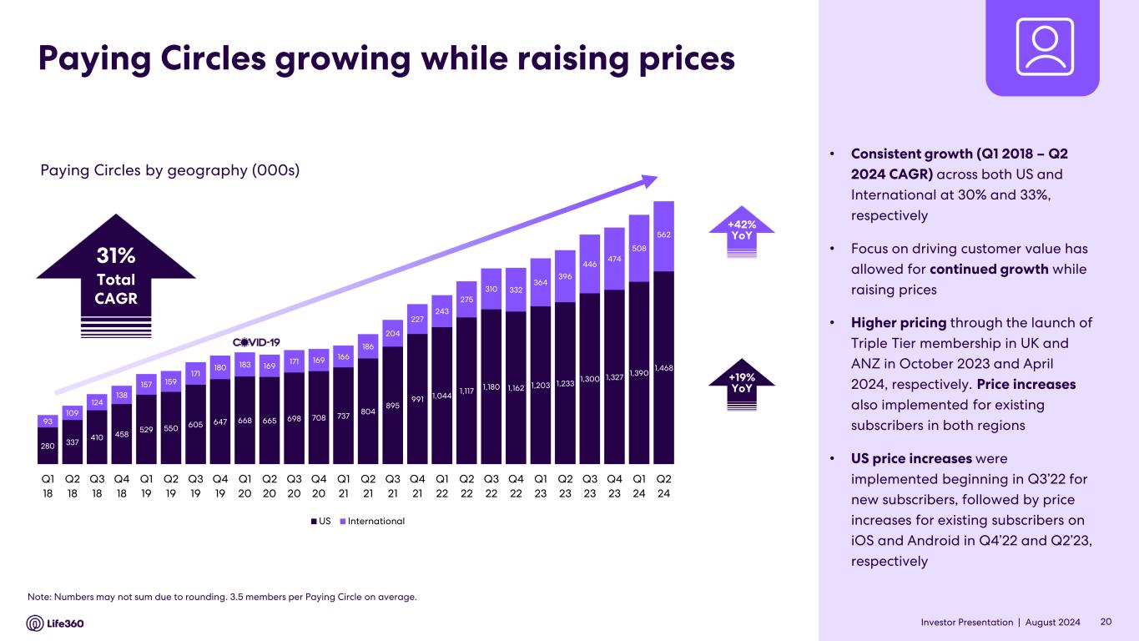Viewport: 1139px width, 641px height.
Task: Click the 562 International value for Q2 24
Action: tap(663, 235)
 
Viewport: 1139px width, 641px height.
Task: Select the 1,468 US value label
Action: tap(663, 368)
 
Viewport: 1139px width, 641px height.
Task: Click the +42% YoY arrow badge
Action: tap(742, 230)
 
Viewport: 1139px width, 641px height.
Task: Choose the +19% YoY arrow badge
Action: tap(742, 384)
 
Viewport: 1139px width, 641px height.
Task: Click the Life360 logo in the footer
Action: tap(55, 623)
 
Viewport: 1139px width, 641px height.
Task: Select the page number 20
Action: tap(1106, 622)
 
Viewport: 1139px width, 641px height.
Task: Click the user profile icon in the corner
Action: tap(1043, 47)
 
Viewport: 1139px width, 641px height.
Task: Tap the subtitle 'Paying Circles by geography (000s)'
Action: tap(169, 170)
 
